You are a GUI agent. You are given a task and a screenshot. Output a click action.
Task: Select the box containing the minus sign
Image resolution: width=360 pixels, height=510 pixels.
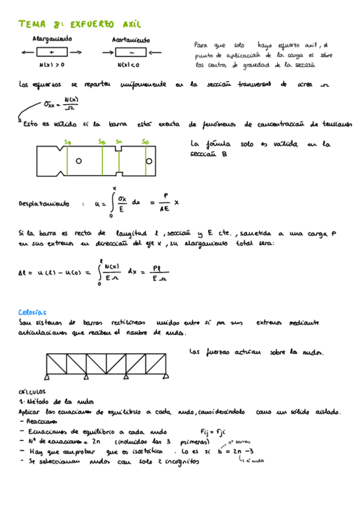(130, 53)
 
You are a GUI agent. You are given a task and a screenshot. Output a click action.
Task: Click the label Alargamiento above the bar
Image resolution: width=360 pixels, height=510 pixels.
(52, 39)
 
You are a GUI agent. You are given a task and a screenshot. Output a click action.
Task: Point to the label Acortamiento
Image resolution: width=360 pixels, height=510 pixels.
(130, 40)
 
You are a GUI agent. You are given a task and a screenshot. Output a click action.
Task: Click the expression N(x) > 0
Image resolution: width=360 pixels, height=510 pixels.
(52, 64)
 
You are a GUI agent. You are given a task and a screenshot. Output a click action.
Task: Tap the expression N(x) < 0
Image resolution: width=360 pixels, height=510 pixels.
(130, 64)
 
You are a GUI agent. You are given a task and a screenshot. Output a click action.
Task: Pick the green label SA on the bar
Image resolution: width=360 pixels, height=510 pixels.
(67, 141)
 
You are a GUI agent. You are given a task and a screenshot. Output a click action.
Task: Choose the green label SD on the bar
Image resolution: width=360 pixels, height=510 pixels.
(145, 141)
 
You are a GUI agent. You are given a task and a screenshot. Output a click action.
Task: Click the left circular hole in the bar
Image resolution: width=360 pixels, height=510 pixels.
(78, 161)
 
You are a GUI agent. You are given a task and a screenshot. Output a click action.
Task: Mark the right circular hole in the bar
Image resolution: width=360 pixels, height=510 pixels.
(148, 161)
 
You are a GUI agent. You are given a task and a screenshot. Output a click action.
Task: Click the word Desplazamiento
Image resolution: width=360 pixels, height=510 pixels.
(44, 203)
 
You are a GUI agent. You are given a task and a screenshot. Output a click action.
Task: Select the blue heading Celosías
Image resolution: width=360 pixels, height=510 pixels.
(32, 312)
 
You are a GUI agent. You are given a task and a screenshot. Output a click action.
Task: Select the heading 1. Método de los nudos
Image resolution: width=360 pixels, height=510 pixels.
(53, 401)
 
